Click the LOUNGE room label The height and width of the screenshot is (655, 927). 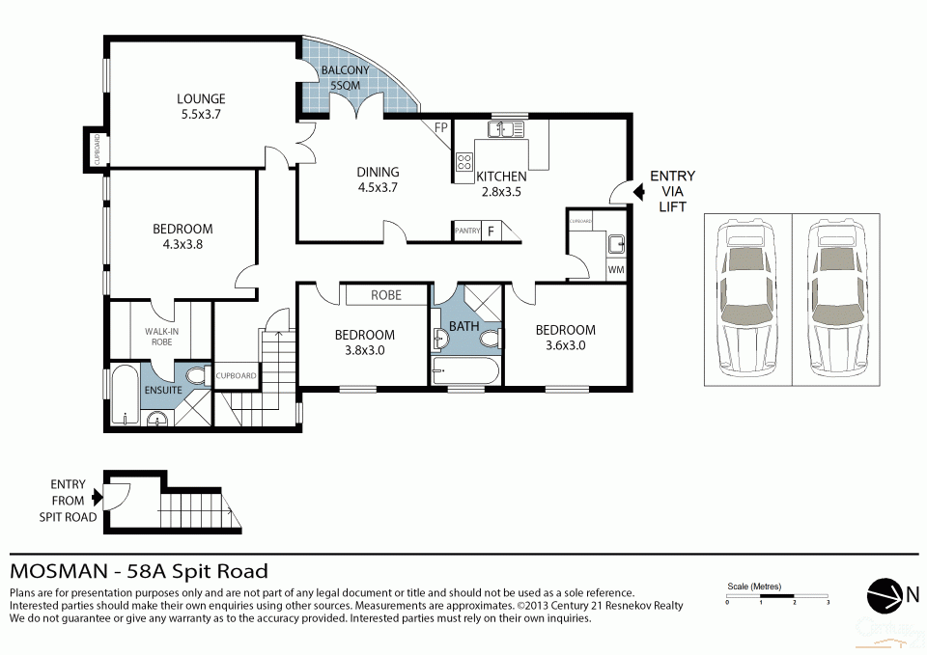click(x=201, y=98)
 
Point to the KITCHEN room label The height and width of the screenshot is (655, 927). click(x=501, y=177)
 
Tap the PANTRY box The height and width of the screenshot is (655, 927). click(x=467, y=232)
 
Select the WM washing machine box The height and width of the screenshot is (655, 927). click(x=615, y=270)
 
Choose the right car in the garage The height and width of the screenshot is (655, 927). click(x=835, y=299)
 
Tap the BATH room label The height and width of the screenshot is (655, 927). click(x=463, y=326)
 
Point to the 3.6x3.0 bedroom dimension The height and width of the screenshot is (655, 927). click(x=565, y=344)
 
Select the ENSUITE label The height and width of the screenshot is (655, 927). click(x=163, y=391)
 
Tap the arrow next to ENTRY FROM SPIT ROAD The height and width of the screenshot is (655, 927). click(x=96, y=498)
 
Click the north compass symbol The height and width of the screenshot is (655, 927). click(x=884, y=594)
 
